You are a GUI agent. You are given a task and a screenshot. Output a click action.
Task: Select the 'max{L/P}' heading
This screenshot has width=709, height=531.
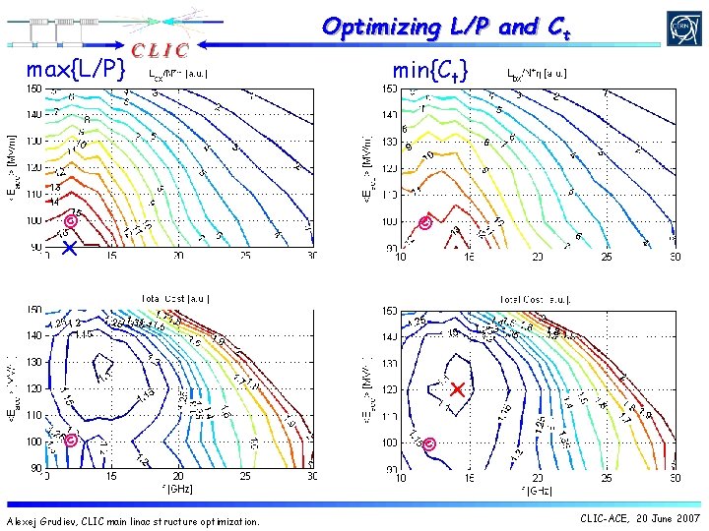(x=76, y=70)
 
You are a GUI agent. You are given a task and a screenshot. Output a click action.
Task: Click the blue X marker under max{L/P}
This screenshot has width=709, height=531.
(x=68, y=250)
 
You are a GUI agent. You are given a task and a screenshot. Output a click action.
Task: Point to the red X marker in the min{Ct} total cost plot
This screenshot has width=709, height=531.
(x=457, y=389)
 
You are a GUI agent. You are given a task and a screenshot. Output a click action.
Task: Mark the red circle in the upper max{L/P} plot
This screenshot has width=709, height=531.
(x=70, y=220)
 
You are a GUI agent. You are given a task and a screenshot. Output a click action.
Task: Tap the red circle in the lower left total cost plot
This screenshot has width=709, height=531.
(x=70, y=442)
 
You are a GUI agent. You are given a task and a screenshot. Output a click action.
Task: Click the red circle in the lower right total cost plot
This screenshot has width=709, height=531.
(x=429, y=444)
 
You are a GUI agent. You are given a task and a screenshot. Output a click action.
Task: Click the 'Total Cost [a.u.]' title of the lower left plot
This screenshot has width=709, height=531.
(x=176, y=298)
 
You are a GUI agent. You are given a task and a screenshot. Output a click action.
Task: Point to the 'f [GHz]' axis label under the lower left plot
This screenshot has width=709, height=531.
(x=178, y=489)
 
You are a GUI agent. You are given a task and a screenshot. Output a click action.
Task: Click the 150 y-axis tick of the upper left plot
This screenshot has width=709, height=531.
(x=33, y=89)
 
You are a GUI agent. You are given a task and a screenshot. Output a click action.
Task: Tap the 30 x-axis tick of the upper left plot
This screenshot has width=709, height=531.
(x=311, y=257)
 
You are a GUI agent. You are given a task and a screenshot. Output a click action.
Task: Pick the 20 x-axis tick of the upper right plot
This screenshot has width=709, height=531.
(x=538, y=258)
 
